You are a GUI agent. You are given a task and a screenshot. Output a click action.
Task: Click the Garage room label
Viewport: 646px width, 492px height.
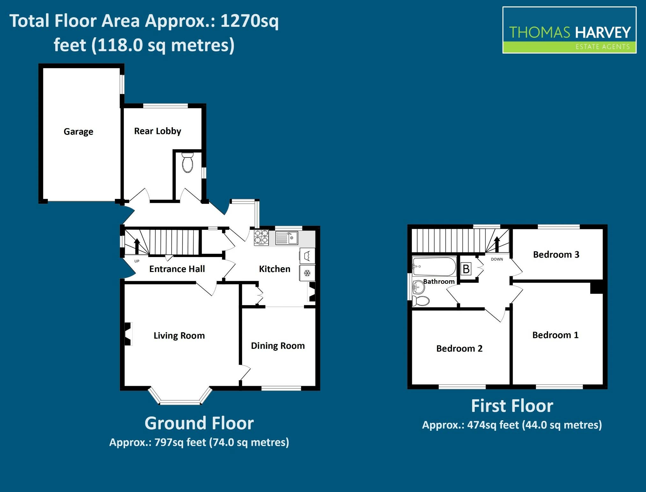point(78,132)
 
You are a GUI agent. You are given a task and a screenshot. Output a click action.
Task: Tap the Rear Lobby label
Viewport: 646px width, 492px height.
point(158,131)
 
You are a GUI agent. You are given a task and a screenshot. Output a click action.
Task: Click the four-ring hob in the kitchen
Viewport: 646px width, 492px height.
point(261,238)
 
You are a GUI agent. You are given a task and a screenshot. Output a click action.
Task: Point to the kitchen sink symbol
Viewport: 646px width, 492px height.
point(286,238)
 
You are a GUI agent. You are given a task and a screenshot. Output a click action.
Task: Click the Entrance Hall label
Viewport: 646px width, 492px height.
point(177,269)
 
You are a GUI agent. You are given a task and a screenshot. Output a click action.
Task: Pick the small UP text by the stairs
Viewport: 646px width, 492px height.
point(137,261)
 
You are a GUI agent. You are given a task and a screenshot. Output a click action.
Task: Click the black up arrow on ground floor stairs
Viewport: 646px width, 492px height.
point(137,246)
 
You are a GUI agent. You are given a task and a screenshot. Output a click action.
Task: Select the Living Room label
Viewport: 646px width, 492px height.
point(179,336)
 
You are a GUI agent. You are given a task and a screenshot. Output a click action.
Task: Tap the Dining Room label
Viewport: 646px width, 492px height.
point(278,346)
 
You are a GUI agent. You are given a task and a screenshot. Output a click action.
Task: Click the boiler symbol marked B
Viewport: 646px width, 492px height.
point(466,269)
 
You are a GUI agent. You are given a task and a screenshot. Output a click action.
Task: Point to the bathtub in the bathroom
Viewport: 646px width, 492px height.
point(434,267)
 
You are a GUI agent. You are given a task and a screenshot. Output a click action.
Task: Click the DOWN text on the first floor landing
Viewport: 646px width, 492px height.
point(497,259)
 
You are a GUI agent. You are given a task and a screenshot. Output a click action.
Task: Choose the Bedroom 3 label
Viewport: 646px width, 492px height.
point(556,254)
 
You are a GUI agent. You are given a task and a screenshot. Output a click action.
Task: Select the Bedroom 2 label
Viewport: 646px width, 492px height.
point(459,349)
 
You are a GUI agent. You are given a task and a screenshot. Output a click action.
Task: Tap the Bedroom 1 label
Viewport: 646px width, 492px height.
point(555,335)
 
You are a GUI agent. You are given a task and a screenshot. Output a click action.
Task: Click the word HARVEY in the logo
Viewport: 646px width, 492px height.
point(603,33)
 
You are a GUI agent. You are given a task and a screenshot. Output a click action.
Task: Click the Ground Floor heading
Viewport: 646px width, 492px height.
point(199,423)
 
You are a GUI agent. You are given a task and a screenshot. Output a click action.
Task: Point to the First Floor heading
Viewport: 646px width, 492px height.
point(512,406)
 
